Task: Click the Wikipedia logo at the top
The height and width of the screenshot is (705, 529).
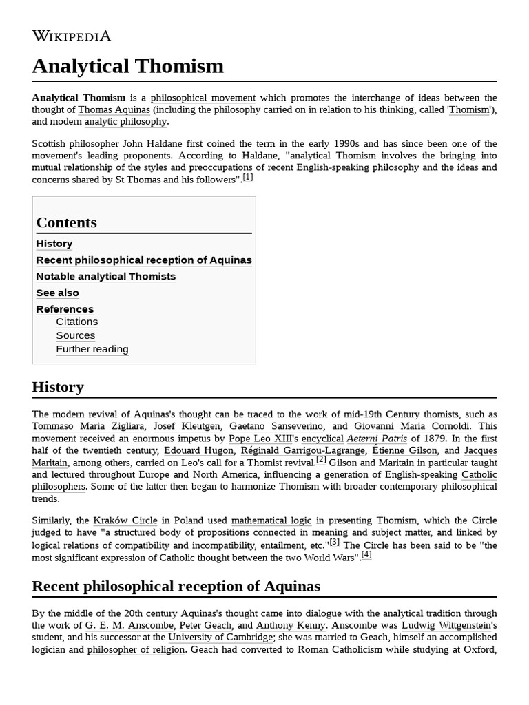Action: [x=71, y=36]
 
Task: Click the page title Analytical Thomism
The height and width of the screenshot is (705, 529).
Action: [x=127, y=66]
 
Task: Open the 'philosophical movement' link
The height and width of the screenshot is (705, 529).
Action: [x=203, y=98]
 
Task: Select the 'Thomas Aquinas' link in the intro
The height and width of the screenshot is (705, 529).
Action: [x=114, y=109]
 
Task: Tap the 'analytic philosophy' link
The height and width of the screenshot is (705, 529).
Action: [x=125, y=121]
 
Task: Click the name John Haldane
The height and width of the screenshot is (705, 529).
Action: [x=152, y=143]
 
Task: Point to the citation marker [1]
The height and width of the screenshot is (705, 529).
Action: [x=248, y=178]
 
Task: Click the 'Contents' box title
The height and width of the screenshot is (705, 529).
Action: [x=66, y=222]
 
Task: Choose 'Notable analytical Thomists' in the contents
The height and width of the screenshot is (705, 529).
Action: [x=105, y=276]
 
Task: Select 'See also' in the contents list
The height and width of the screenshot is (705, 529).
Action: [x=57, y=293]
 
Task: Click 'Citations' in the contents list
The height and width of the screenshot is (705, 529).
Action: [x=77, y=322]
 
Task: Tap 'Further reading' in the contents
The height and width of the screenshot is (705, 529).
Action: [x=92, y=349]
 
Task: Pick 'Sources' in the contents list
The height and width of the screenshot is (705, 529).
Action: [x=76, y=335]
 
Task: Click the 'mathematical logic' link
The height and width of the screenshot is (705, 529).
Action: [x=271, y=520]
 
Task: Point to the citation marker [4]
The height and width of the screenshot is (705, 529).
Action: [x=366, y=555]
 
